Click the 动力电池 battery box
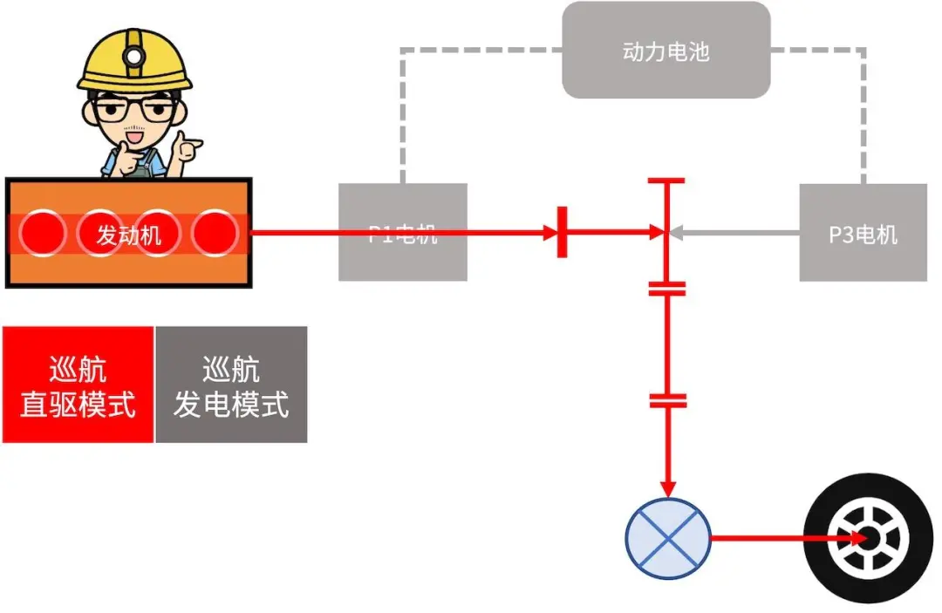point(666,51)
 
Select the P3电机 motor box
point(863,233)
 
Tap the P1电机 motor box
point(402,233)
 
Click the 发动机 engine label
point(128,234)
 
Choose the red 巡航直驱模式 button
point(78,385)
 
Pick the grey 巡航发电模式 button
point(231,385)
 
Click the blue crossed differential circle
point(669,538)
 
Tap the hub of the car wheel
point(865,538)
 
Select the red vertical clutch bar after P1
point(562,233)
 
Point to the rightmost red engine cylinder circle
point(214,233)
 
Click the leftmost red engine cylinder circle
point(44,233)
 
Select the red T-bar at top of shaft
point(666,181)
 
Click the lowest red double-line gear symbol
point(668,400)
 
